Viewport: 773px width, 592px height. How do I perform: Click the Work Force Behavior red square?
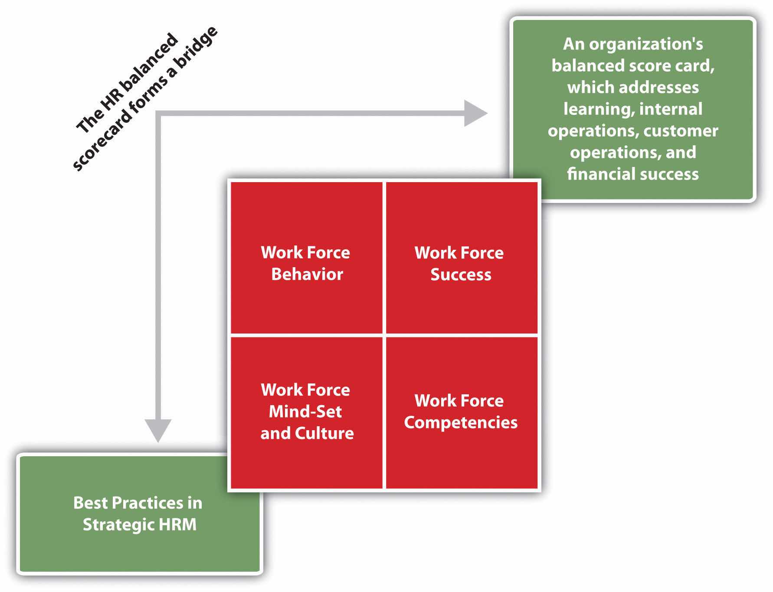pyautogui.click(x=306, y=258)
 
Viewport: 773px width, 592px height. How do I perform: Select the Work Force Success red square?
pyautogui.click(x=462, y=258)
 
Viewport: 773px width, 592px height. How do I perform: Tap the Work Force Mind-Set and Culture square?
pyautogui.click(x=306, y=412)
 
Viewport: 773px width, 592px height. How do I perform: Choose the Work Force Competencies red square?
pyautogui.click(x=462, y=412)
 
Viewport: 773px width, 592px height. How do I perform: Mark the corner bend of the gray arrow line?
pyautogui.click(x=158, y=114)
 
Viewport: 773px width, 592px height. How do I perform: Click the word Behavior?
pyautogui.click(x=307, y=275)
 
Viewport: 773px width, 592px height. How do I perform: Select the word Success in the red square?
pyautogui.click(x=461, y=275)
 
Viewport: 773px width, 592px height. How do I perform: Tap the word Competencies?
pyautogui.click(x=461, y=422)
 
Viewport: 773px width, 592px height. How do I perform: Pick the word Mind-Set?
pyautogui.click(x=305, y=412)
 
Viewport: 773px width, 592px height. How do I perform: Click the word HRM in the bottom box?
pyautogui.click(x=177, y=525)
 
